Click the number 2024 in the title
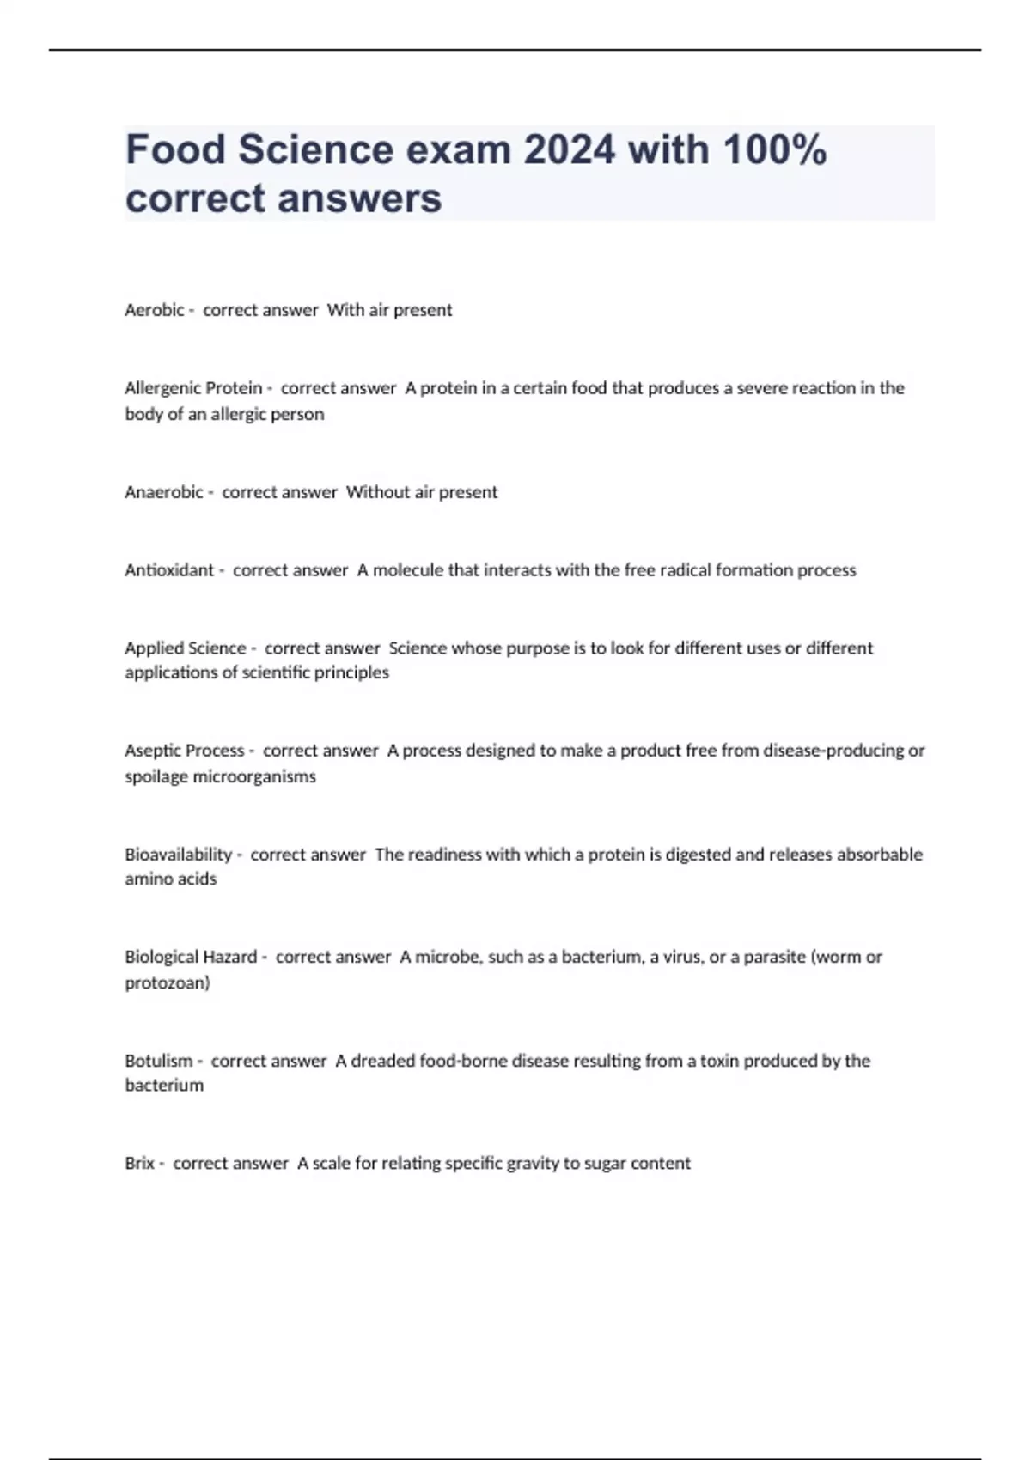[569, 149]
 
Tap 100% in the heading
[774, 149]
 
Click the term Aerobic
[155, 310]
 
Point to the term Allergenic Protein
[193, 388]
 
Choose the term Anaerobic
[164, 492]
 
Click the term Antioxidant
[169, 570]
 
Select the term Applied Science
[186, 648]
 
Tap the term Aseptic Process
[185, 751]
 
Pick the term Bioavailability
[179, 855]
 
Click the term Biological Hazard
[191, 957]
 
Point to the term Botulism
[159, 1061]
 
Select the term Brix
[139, 1164]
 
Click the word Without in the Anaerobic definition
[378, 492]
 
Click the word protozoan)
[168, 982]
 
